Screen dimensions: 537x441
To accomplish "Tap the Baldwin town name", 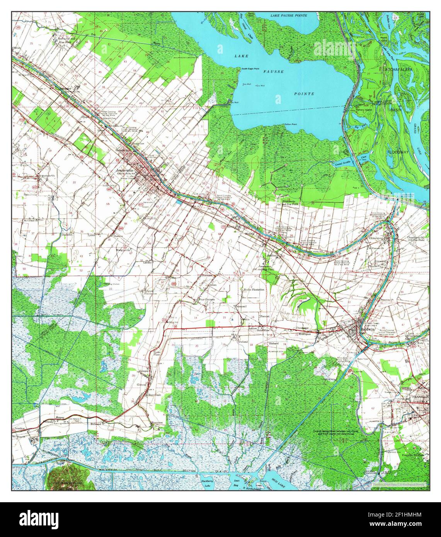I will pyautogui.click(x=367, y=330).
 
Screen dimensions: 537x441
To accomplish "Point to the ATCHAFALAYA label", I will pyautogui.click(x=405, y=69).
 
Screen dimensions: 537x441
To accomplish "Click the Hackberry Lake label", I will pyautogui.click(x=208, y=483).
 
